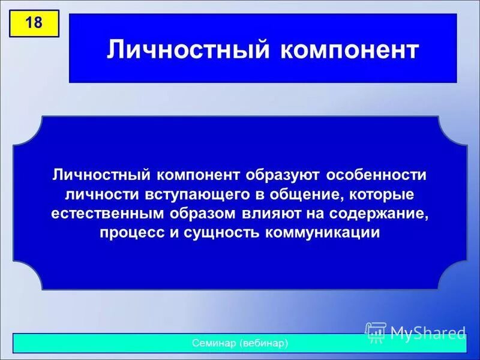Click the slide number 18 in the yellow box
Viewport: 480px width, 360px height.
click(34, 23)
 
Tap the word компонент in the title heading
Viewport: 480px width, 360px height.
click(349, 50)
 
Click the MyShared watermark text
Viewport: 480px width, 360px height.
click(427, 331)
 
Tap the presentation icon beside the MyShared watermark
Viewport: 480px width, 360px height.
click(376, 332)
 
